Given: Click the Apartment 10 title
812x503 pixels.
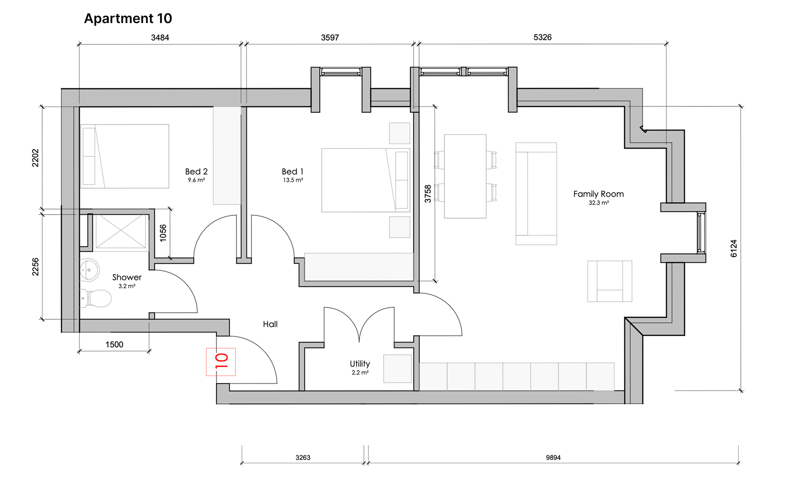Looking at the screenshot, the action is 128,18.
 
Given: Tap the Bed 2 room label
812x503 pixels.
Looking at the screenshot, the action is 196,171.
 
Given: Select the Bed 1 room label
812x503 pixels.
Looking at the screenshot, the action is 292,171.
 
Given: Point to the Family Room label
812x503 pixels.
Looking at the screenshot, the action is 598,194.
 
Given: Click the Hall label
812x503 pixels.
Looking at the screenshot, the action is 270,324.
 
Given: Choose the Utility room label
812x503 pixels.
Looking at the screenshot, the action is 360,364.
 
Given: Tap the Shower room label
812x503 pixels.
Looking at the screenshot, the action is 127,277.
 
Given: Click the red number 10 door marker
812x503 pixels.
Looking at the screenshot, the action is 221,361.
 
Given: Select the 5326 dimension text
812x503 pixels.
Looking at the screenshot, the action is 542,37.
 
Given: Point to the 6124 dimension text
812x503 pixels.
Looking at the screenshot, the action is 734,249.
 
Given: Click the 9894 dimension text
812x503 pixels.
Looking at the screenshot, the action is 553,458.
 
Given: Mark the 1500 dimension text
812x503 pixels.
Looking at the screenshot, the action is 114,345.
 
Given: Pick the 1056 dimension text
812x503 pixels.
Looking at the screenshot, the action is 163,233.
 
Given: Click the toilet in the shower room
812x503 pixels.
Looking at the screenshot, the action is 96,298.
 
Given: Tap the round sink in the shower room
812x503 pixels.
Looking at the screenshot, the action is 89,270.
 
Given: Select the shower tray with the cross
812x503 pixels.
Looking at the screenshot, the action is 121,231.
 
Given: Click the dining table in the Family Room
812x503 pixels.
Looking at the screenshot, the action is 465,176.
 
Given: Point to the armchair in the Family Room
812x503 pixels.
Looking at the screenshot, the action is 610,281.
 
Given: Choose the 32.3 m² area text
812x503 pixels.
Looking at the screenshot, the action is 599,203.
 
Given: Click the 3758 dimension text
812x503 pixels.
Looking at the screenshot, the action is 428,194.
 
